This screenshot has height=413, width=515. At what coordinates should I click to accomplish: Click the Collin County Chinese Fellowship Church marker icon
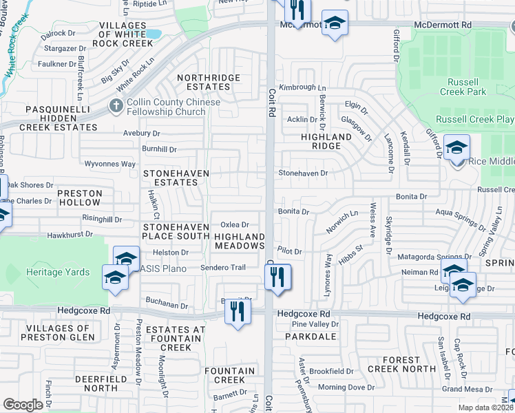tap(116, 107)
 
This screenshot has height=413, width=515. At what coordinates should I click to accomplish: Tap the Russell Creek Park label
tap(462, 87)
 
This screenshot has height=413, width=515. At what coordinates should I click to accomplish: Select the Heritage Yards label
tap(59, 273)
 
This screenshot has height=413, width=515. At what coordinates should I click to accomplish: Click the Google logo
tap(23, 405)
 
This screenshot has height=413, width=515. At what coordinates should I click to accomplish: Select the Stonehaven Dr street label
tap(303, 173)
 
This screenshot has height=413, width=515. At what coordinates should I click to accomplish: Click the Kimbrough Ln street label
tap(302, 88)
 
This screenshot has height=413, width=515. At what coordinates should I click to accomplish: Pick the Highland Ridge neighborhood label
tap(326, 141)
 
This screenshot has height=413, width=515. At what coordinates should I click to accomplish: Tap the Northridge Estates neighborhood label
tap(204, 82)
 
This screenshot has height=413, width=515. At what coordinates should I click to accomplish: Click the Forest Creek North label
tap(401, 364)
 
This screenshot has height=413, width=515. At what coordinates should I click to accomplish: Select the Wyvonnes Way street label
tap(109, 164)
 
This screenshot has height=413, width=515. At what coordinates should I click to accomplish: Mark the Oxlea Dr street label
tap(234, 225)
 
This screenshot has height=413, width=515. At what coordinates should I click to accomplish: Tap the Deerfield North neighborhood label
tap(96, 383)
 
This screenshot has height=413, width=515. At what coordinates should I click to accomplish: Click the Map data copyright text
tap(485, 407)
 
